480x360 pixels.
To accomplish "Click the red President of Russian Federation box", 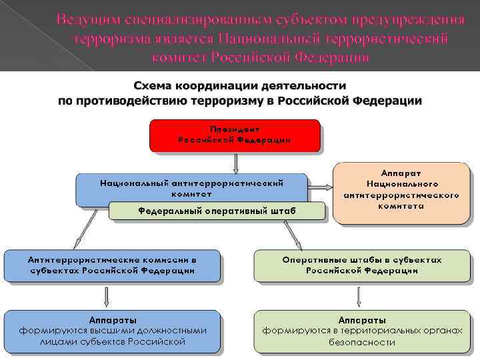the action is tap(235, 136).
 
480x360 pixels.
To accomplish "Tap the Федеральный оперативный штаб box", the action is tap(217, 211).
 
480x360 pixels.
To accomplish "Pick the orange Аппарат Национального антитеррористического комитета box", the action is tap(401, 192).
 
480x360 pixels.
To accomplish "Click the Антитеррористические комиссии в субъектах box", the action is tap(112, 265).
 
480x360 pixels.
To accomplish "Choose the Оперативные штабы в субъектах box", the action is tap(362, 265).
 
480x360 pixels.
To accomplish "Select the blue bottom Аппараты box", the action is tap(112, 331).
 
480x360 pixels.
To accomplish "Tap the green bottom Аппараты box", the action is tap(362, 331).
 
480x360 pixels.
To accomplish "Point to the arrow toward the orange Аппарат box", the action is tap(321, 187).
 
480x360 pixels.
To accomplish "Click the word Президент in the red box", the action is tap(235, 129).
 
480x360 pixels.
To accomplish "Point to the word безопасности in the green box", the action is tap(362, 343).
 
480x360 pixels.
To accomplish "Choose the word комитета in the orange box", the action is tap(401, 206).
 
